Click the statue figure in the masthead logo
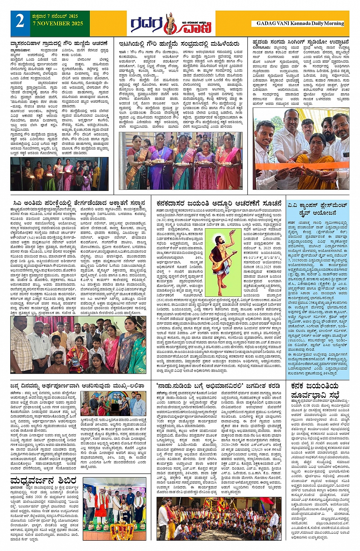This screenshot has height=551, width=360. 169,23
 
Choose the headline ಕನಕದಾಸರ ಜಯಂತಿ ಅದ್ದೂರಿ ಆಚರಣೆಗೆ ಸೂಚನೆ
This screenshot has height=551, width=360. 219,203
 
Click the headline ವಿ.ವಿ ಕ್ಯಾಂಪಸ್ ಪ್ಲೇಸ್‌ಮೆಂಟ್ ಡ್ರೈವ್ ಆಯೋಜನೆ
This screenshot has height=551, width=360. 317,209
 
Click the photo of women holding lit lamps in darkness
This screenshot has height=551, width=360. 59,174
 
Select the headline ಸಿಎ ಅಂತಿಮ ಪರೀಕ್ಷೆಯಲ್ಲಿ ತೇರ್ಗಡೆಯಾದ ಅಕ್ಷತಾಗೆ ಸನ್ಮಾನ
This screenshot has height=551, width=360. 78,203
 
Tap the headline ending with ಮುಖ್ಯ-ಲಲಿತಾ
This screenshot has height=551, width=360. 78,385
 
